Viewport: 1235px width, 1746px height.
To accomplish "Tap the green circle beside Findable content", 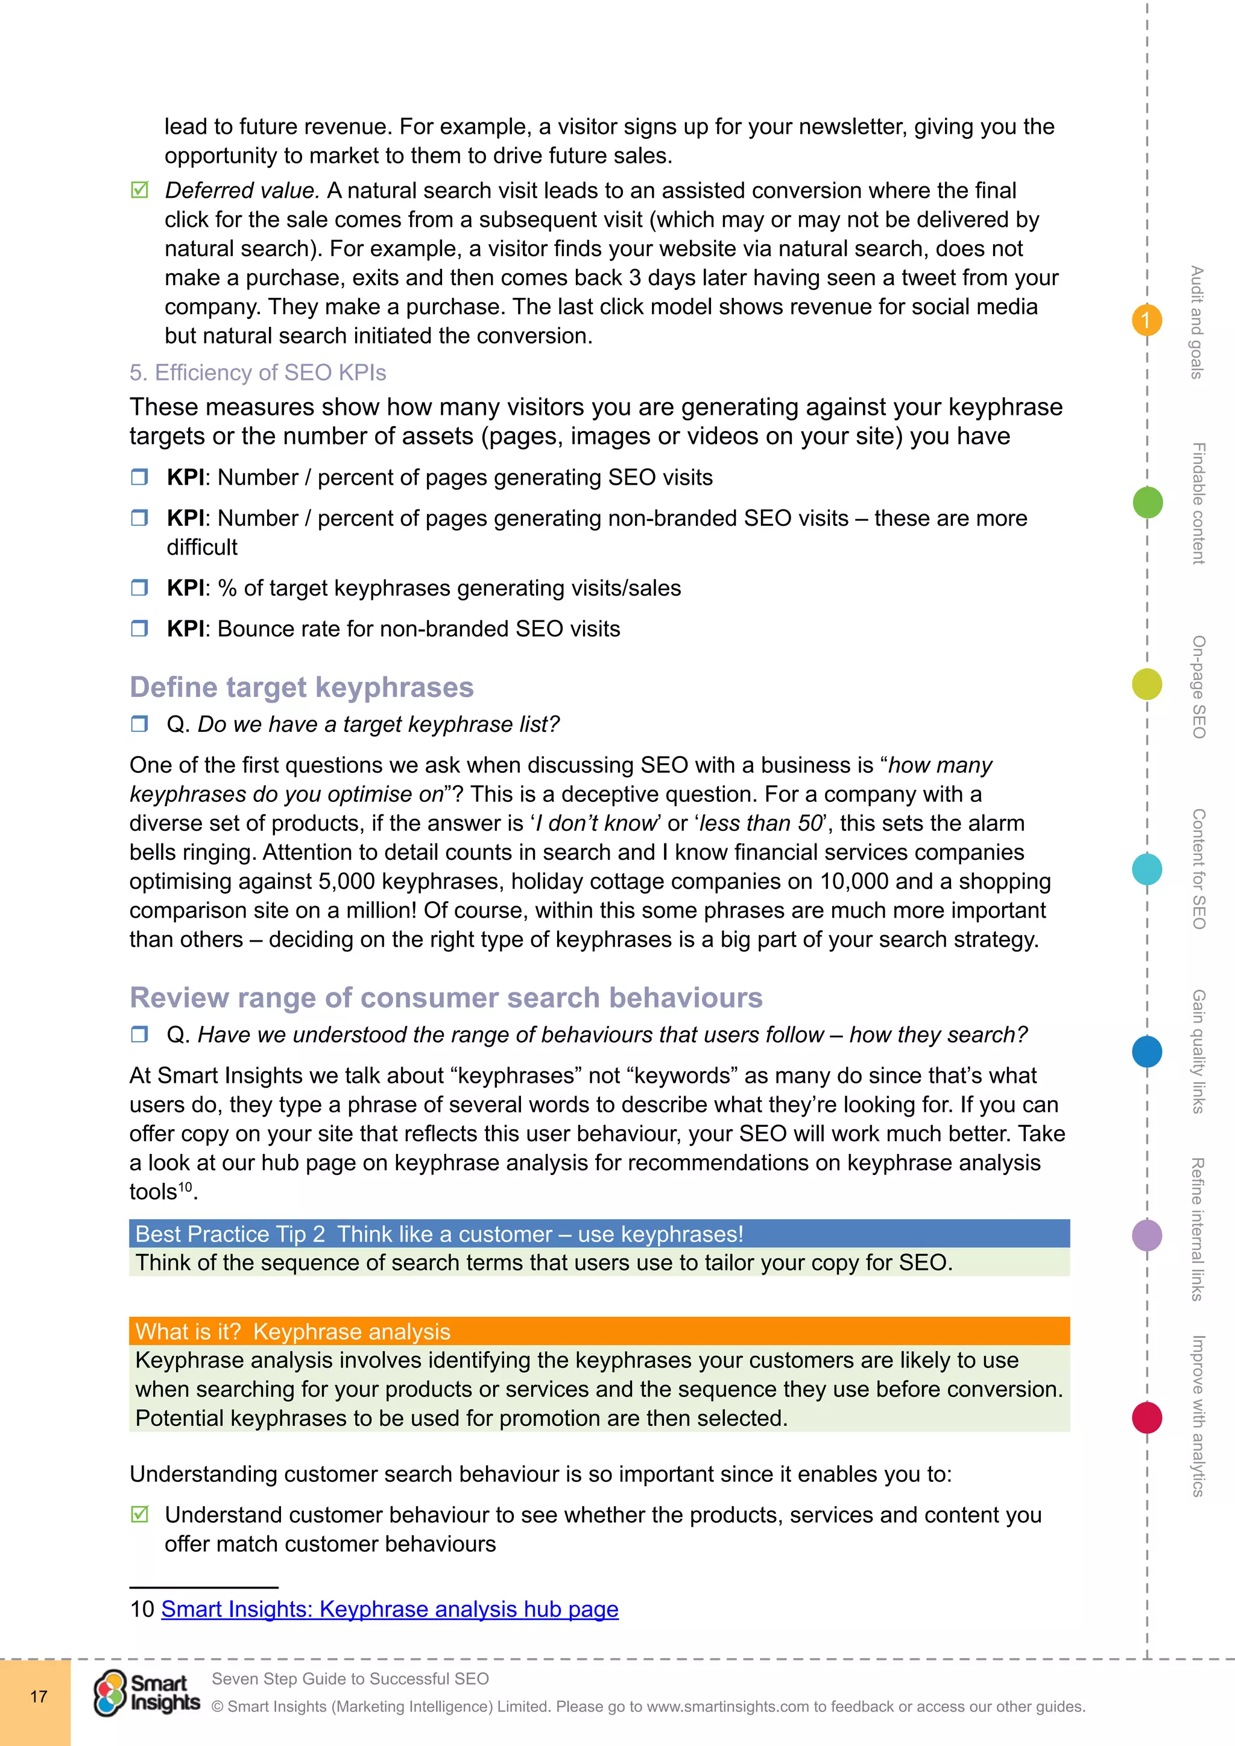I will [1148, 502].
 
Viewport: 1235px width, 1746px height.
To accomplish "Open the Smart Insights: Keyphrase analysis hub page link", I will [390, 1609].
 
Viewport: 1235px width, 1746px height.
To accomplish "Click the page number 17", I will [38, 1697].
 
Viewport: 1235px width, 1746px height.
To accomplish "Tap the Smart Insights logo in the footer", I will [147, 1694].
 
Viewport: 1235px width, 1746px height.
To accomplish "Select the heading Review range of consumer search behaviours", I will [446, 998].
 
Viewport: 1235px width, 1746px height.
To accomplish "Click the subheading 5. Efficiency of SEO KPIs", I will [258, 373].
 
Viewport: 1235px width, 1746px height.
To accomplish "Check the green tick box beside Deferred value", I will [140, 190].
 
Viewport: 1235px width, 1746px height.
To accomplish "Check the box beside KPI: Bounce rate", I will [139, 629].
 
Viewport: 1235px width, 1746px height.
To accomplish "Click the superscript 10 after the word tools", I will [185, 1187].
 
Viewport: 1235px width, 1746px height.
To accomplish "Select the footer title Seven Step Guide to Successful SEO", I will [350, 1678].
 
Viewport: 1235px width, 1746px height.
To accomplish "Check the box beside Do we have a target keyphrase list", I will [139, 724].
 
